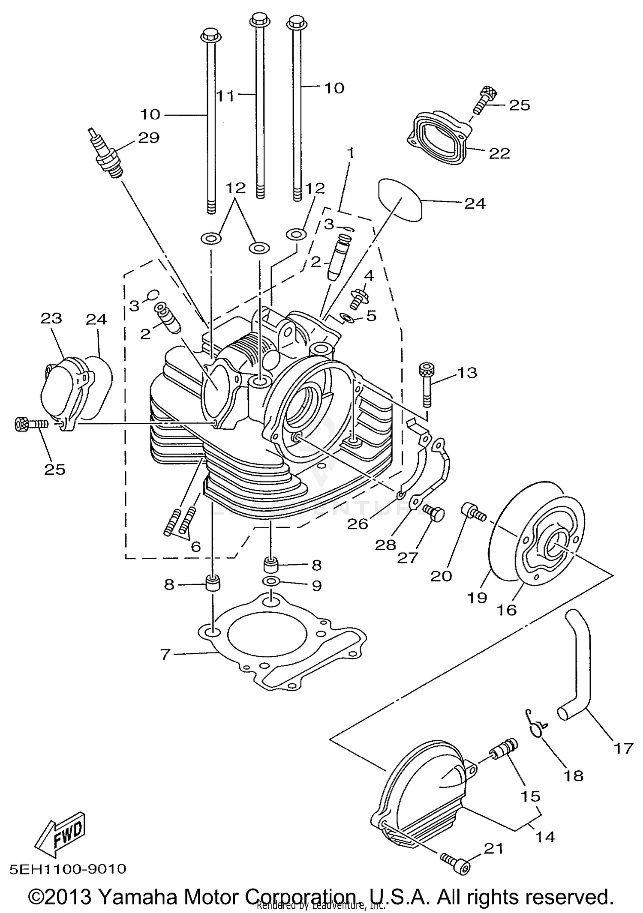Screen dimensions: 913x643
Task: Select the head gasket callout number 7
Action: point(165,654)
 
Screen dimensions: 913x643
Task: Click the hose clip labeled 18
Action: point(535,725)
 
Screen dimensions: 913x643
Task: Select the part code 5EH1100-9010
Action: point(68,868)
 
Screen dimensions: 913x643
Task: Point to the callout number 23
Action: point(51,318)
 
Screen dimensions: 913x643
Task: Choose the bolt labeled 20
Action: point(472,512)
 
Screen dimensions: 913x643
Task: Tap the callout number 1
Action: point(351,153)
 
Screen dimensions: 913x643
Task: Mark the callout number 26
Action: point(358,523)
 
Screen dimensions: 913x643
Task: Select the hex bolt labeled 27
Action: point(433,513)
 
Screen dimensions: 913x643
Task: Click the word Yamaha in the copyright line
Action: point(138,896)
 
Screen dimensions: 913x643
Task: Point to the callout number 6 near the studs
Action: point(195,546)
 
